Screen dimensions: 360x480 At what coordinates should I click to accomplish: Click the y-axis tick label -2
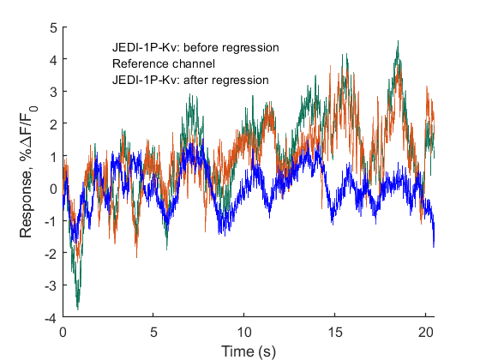pyautogui.click(x=51, y=253)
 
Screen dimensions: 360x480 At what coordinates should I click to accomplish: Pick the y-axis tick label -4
pyautogui.click(x=51, y=317)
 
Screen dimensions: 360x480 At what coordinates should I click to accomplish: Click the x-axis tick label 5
pyautogui.click(x=153, y=330)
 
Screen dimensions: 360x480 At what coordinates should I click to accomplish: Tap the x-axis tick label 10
pyautogui.click(x=244, y=330)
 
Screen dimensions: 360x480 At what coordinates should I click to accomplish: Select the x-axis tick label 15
pyautogui.click(x=335, y=330)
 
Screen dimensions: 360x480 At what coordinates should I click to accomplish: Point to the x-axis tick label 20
pyautogui.click(x=426, y=330)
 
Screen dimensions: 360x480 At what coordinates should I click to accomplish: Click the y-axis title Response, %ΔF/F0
pyautogui.click(x=27, y=172)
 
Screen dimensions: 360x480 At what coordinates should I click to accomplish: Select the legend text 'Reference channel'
pyautogui.click(x=163, y=64)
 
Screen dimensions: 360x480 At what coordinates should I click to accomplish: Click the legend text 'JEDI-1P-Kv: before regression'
pyautogui.click(x=195, y=48)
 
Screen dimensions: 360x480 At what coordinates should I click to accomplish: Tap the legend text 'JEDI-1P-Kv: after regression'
pyautogui.click(x=191, y=80)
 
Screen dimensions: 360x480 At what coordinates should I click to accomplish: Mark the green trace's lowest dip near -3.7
pyautogui.click(x=78, y=307)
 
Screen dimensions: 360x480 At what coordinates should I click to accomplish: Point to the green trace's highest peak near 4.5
pyautogui.click(x=397, y=42)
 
